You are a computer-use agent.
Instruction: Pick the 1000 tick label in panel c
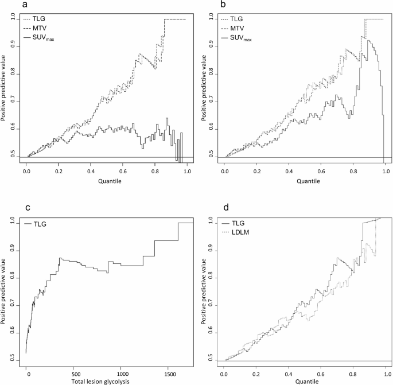point(120,375)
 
